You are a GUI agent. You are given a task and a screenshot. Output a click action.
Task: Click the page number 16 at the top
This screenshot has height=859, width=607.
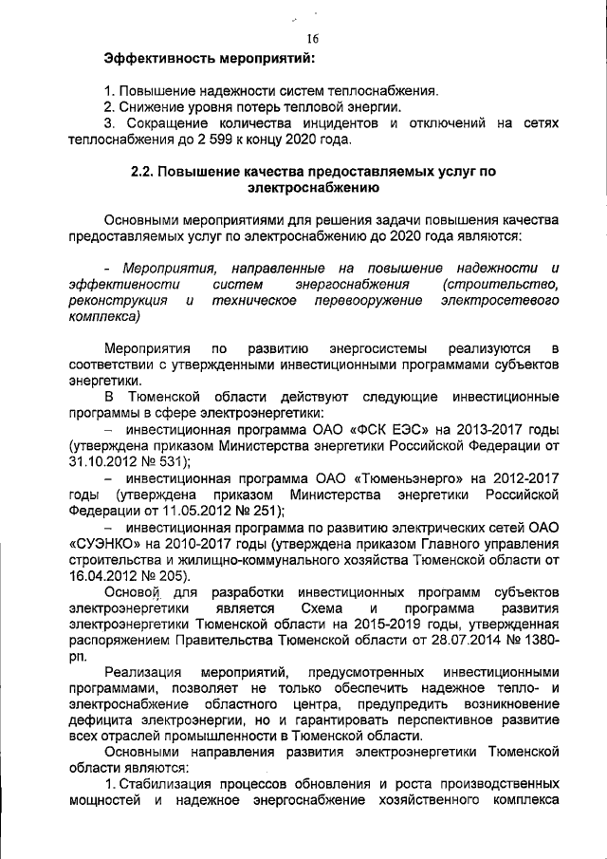coord(313,39)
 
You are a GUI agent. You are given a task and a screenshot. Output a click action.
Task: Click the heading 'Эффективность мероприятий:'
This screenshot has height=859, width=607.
coord(209,60)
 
